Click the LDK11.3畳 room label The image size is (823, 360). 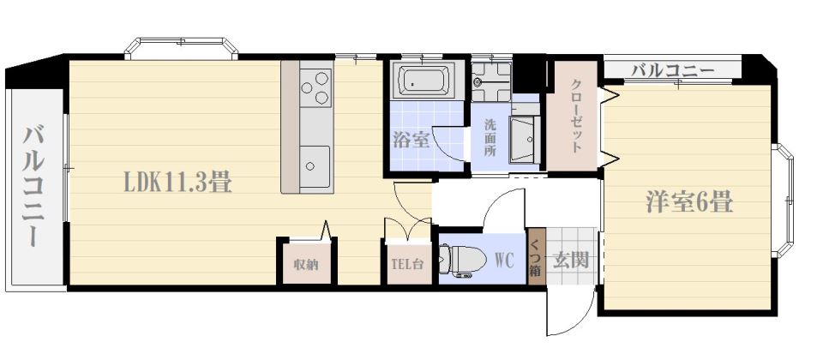coord(177,183)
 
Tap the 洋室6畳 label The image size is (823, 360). coord(688,201)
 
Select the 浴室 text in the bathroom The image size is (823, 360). coord(411,140)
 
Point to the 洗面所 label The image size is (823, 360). coord(490,138)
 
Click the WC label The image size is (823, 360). coord(504,260)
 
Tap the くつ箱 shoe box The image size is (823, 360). coord(535,257)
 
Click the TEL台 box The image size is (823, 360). coord(409,263)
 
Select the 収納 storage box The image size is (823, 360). coord(307,263)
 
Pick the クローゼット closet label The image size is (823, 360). coord(576,116)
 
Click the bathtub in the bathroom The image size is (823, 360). coord(423,81)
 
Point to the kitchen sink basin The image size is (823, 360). coord(315,166)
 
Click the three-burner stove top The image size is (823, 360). coord(316,87)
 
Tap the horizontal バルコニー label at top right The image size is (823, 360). coord(672,69)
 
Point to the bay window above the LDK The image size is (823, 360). coord(181,47)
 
